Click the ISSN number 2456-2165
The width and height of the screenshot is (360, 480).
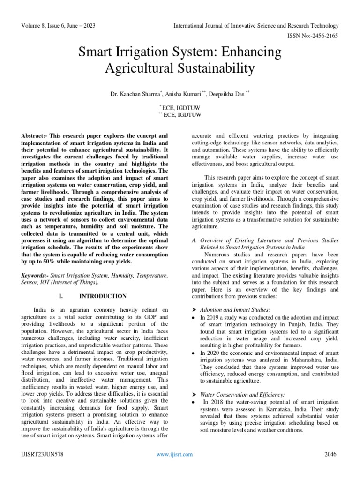(323, 35)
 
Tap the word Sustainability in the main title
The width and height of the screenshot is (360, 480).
(215, 68)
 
